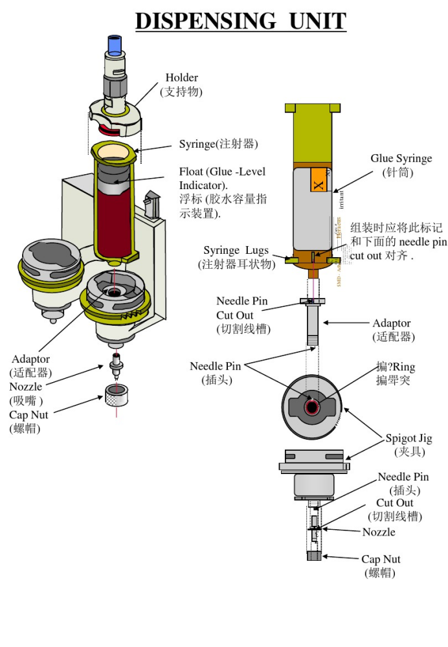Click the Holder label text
click(x=181, y=78)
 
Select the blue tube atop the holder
click(x=115, y=45)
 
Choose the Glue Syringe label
click(x=401, y=159)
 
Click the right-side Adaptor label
click(x=391, y=323)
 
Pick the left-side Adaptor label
click(x=30, y=359)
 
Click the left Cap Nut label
click(x=28, y=415)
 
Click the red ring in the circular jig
click(x=312, y=407)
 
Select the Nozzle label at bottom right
click(x=378, y=532)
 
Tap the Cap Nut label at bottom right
click(x=381, y=559)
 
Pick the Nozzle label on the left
click(x=26, y=387)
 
